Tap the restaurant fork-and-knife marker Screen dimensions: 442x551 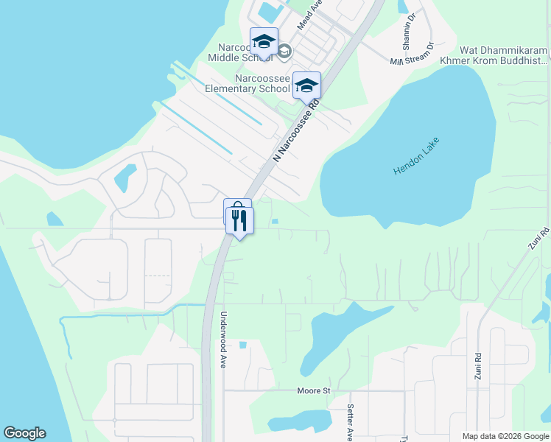pyautogui.click(x=239, y=220)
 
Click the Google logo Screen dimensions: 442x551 pyautogui.click(x=24, y=433)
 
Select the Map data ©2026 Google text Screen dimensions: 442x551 pyautogui.click(x=505, y=436)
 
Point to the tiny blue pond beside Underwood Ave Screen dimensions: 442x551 pyautogui.click(x=243, y=345)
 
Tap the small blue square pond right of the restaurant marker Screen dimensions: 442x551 pyautogui.click(x=275, y=220)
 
